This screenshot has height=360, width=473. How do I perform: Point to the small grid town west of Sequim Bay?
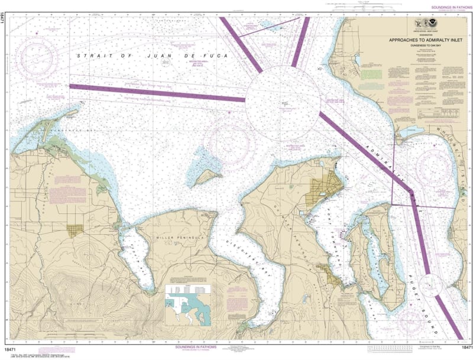click(74, 230)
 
